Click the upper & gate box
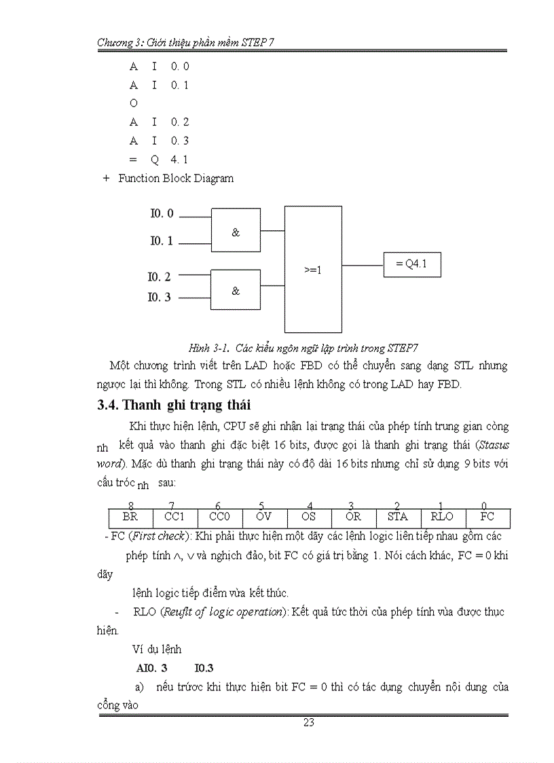click(236, 232)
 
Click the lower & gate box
click(236, 291)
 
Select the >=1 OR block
click(313, 269)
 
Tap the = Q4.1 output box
click(412, 264)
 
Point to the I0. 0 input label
click(162, 213)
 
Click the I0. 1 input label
click(162, 241)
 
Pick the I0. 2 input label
click(160, 277)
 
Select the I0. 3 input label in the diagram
click(160, 297)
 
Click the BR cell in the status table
click(131, 517)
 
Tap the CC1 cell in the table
click(174, 517)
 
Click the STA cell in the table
click(398, 517)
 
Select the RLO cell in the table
click(443, 517)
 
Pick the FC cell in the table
click(487, 517)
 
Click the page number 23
click(308, 723)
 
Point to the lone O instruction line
click(134, 103)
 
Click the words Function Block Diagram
click(176, 179)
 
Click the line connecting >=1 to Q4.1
click(363, 264)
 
